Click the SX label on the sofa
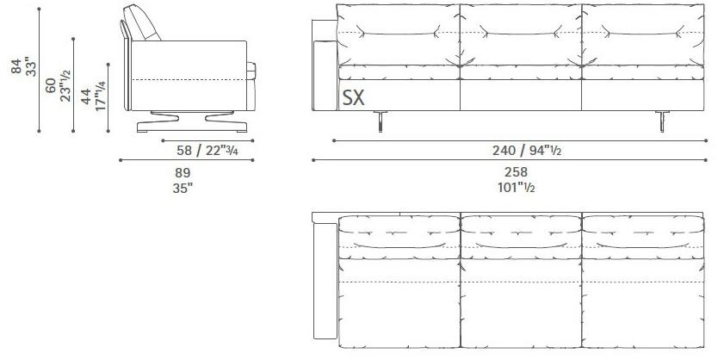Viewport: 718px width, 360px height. [x=354, y=97]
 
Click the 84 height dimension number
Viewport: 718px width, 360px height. [x=16, y=66]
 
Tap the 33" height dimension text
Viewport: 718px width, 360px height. [x=30, y=66]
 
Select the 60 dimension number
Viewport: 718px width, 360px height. [x=51, y=85]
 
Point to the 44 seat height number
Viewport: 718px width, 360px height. [x=86, y=96]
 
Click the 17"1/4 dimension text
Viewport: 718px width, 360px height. [x=100, y=96]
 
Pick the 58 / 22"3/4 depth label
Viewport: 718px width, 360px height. [x=207, y=150]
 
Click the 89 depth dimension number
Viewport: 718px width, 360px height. [x=183, y=173]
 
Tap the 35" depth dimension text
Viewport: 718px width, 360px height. [x=183, y=189]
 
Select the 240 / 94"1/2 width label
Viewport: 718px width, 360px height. [x=527, y=150]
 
